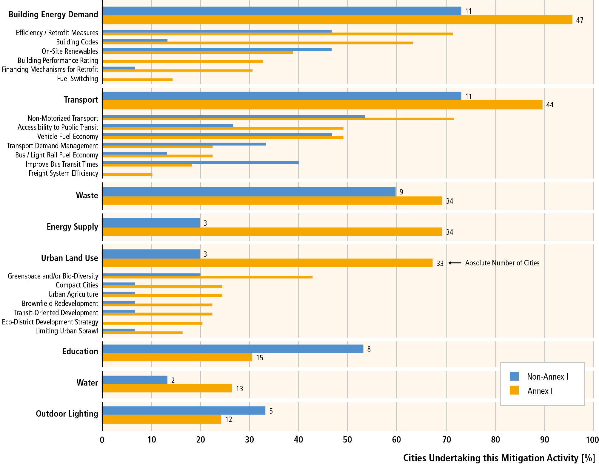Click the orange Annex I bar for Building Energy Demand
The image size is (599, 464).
tap(337, 20)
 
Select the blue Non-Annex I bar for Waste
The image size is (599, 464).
tap(249, 192)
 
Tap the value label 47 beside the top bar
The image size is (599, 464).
tap(580, 20)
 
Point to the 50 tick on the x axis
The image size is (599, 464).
tap(347, 440)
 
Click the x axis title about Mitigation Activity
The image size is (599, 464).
tap(499, 458)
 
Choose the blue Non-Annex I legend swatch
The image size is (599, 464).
tap(514, 376)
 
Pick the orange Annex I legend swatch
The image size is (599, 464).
tap(514, 390)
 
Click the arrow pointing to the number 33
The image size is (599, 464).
tap(455, 263)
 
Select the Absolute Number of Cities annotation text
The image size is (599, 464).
tap(502, 263)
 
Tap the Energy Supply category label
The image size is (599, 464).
tap(72, 227)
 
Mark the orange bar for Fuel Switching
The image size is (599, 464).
tap(138, 80)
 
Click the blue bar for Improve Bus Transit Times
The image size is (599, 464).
tap(201, 162)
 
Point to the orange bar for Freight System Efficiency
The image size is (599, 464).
tap(127, 174)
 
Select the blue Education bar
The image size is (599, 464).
tap(233, 349)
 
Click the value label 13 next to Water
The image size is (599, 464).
tap(239, 389)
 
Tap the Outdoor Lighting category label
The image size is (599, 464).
tap(67, 414)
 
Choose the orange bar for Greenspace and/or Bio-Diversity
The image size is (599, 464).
tap(207, 277)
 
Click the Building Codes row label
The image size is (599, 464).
tap(77, 42)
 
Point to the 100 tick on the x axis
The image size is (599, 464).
tap(592, 440)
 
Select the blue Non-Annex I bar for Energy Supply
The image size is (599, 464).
tap(151, 223)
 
